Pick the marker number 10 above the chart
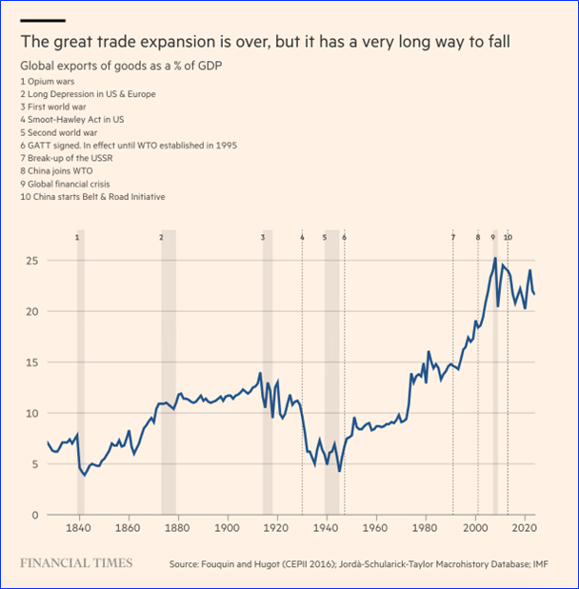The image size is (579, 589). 508,236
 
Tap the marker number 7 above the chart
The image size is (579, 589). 453,236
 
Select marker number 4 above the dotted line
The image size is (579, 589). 302,236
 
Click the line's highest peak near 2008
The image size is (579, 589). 494,258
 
